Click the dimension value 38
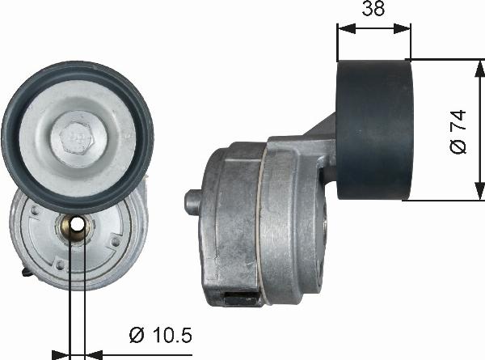373,9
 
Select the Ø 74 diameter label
458,131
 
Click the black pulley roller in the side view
374,129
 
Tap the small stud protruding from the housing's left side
193,201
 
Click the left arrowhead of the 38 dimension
342,28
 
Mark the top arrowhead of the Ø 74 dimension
474,65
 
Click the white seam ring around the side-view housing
259,227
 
